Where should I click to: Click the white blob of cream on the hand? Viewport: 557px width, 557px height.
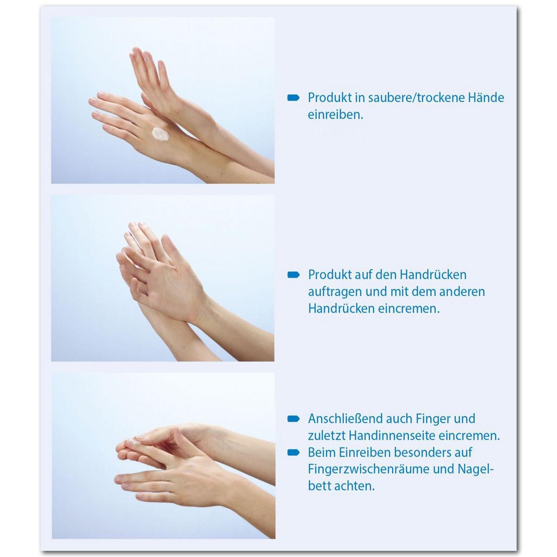coord(160,134)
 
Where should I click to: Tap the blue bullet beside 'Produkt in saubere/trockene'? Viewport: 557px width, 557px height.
coord(293,98)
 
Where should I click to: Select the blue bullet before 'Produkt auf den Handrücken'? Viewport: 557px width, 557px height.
coord(293,275)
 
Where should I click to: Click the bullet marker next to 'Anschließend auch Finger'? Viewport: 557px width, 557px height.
coord(293,419)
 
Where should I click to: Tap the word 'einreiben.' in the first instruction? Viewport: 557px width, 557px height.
coord(335,115)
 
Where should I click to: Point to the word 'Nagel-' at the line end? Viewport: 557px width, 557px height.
coord(475,469)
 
